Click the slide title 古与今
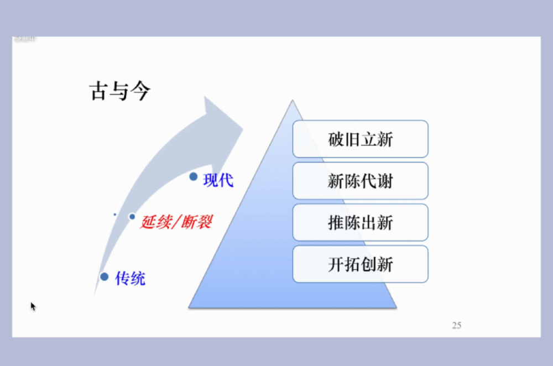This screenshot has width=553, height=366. point(119,92)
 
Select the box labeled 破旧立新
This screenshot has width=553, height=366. point(361,139)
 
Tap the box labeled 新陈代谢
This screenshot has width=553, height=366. point(361,181)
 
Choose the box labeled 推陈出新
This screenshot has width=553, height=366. point(361,222)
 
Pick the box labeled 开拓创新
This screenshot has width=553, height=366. point(361,264)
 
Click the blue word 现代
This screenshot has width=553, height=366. point(218,180)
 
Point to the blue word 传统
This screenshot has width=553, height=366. point(131,278)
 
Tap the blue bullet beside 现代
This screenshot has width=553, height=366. point(194,176)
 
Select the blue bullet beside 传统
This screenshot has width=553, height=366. point(104,276)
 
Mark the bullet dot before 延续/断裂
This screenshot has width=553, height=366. point(132,217)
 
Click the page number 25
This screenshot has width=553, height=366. point(456,325)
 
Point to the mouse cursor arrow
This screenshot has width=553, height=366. point(33,305)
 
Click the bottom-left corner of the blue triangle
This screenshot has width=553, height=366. point(190,307)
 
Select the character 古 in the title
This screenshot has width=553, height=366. point(98,92)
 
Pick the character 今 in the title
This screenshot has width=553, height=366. point(140,92)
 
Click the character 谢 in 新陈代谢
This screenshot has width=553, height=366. point(385,181)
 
